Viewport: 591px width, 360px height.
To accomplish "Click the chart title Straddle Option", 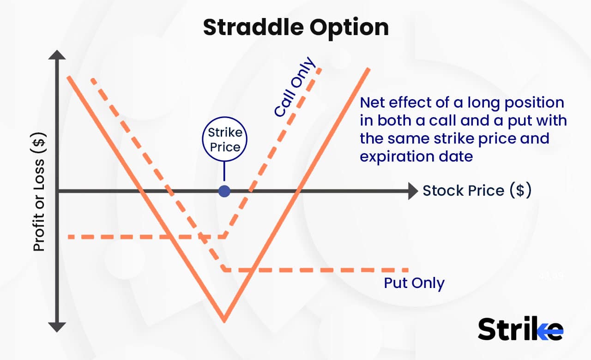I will pyautogui.click(x=295, y=28).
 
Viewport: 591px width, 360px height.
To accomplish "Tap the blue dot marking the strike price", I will pyautogui.click(x=224, y=191).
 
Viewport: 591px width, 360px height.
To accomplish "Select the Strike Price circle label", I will pyautogui.click(x=224, y=140).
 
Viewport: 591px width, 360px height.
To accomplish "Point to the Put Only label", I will pyautogui.click(x=414, y=283).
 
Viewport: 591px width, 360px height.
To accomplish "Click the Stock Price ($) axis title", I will pyautogui.click(x=476, y=191).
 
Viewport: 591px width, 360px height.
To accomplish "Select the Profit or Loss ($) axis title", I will pyautogui.click(x=40, y=194).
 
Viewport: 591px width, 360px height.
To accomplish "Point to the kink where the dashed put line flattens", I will pyautogui.click(x=224, y=269).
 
